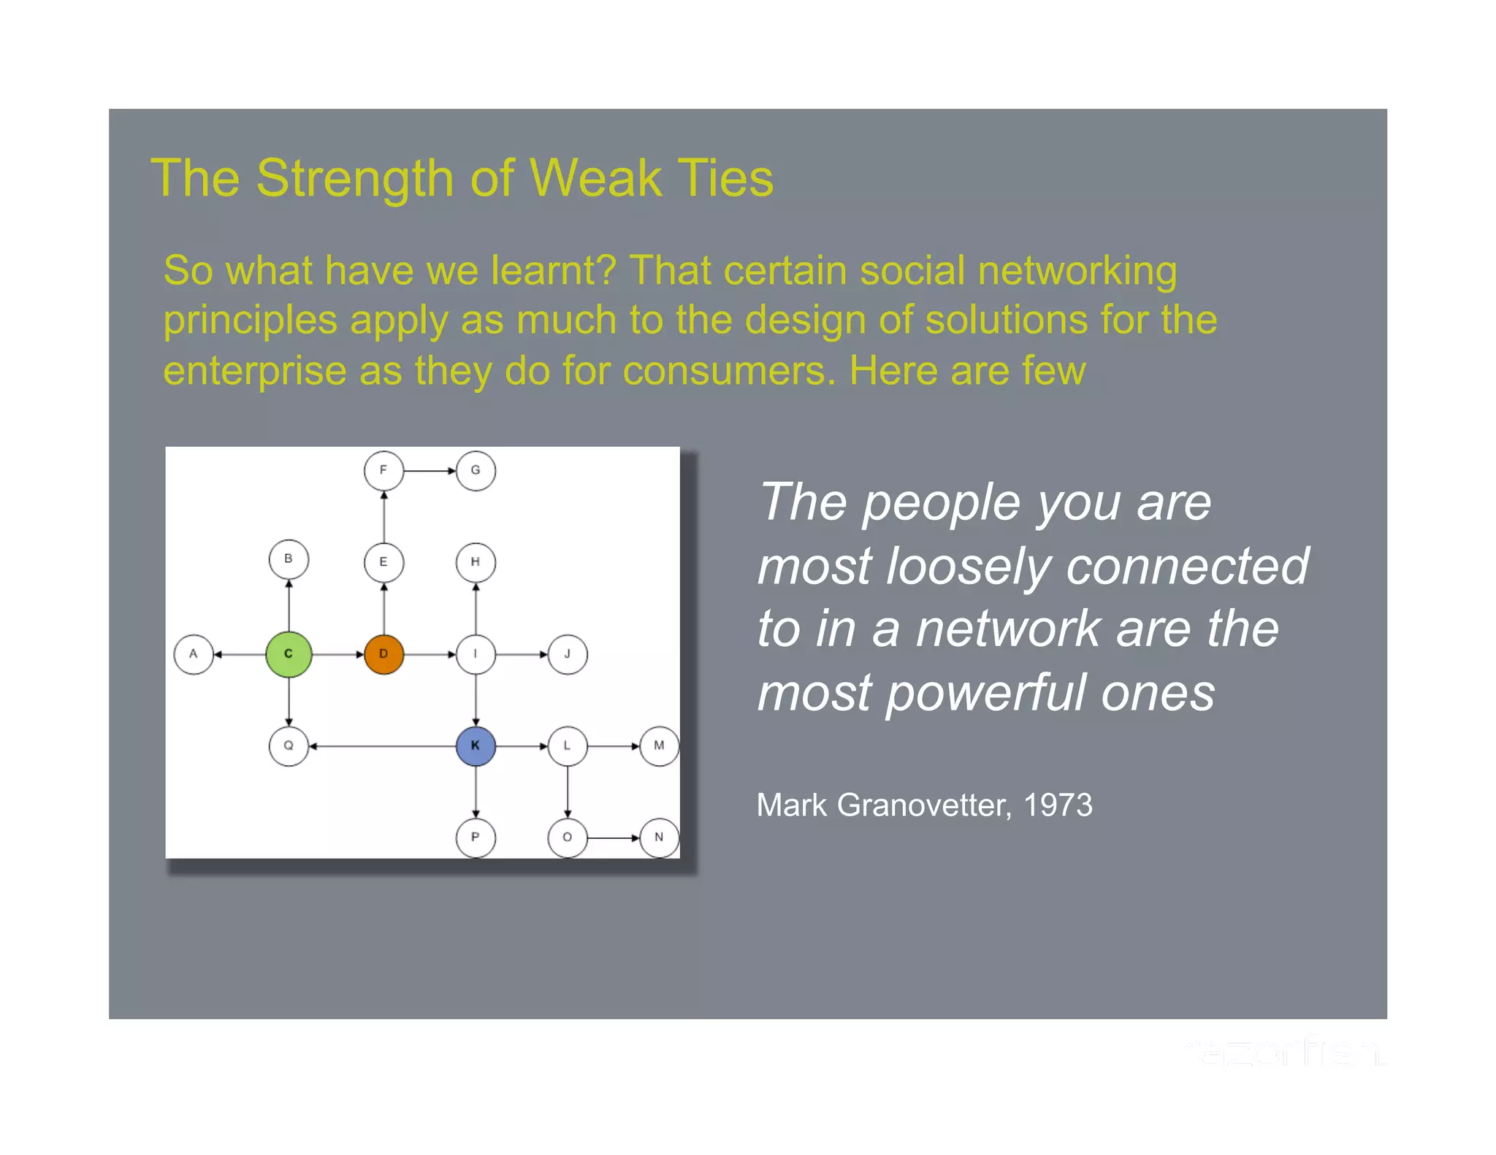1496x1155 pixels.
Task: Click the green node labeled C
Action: [289, 654]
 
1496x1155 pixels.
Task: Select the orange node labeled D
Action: [383, 654]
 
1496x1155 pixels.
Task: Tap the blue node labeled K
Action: [476, 745]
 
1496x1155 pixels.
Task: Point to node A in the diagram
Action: [194, 654]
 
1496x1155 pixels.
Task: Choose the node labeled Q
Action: [289, 745]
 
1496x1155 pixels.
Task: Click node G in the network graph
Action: [476, 471]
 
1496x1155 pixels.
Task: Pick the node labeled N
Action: [659, 837]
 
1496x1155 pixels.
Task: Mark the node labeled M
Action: [659, 745]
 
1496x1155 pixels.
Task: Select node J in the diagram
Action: [568, 654]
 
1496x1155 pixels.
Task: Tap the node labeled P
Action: [476, 837]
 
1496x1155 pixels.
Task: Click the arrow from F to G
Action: [430, 471]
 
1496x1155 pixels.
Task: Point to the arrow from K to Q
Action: [382, 746]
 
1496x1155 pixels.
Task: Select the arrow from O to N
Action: [614, 838]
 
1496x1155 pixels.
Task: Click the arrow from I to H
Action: [476, 608]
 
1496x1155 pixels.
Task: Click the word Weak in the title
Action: [595, 178]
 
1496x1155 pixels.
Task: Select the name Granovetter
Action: [924, 805]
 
